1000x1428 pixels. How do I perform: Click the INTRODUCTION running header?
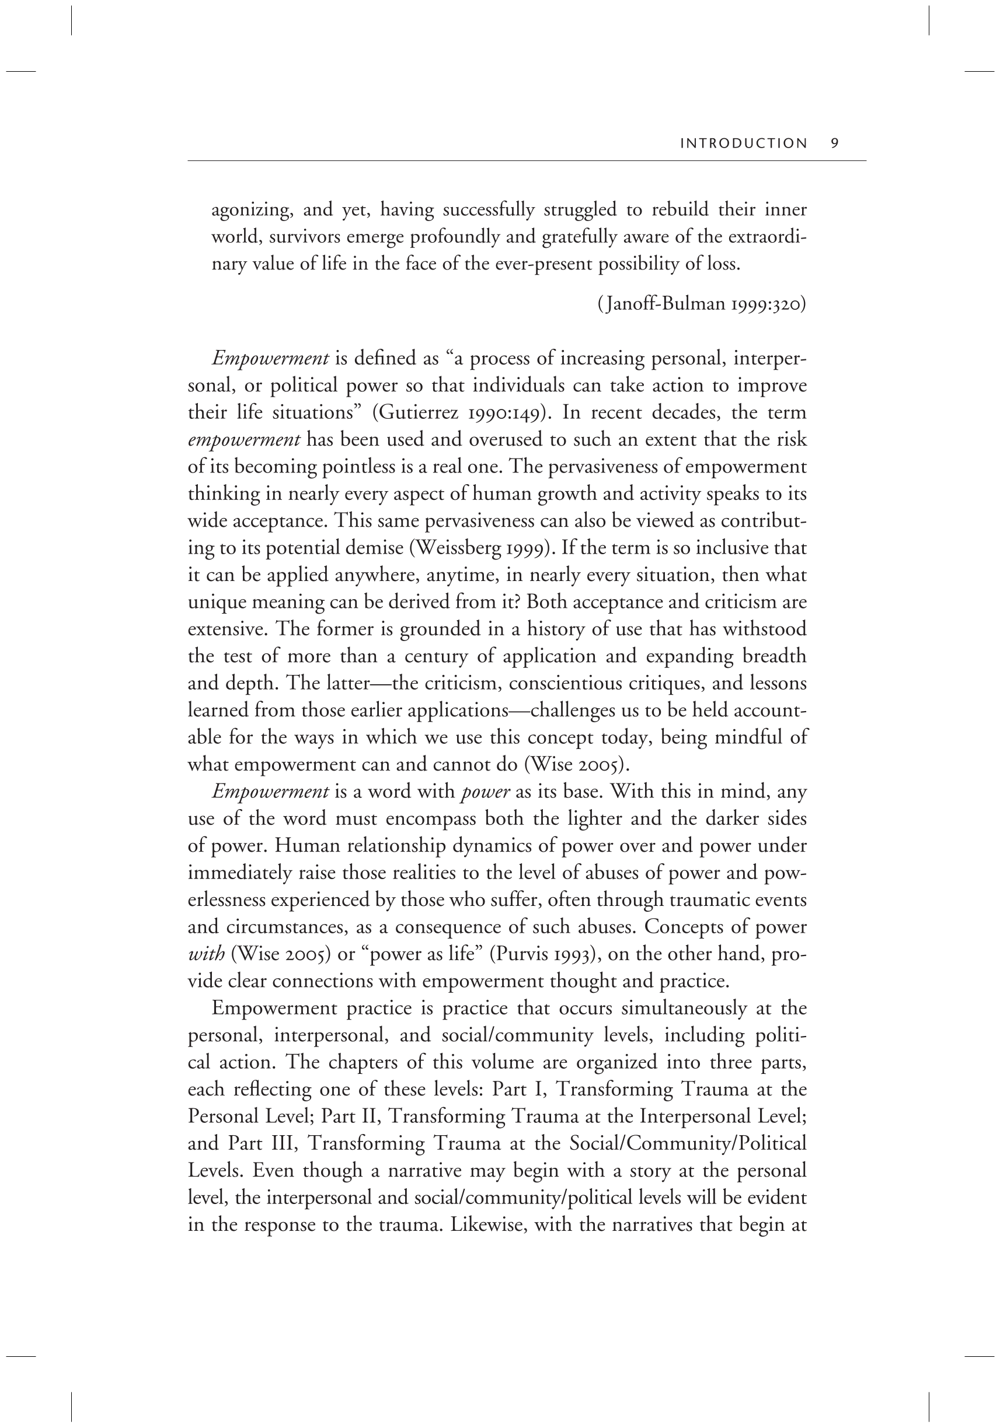pos(743,143)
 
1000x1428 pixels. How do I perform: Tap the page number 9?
pos(834,143)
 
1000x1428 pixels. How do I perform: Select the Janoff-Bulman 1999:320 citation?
pos(701,304)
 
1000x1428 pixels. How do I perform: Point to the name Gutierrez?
pos(414,413)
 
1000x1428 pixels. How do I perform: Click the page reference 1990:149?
pos(503,413)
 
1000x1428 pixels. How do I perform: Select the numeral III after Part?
pos(276,1144)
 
